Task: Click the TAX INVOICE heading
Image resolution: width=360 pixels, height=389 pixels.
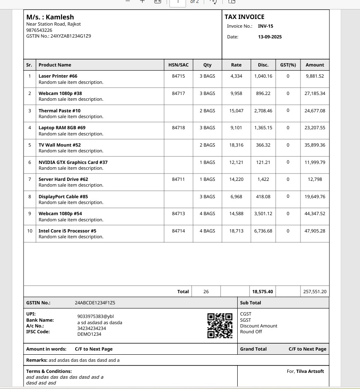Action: tap(244, 17)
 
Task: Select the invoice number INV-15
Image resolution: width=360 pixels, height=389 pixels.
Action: tap(265, 26)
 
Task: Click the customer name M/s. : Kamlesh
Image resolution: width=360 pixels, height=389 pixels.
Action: tap(50, 17)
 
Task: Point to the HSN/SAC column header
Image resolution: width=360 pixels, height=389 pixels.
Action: tap(178, 65)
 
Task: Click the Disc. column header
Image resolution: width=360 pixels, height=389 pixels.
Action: tap(263, 65)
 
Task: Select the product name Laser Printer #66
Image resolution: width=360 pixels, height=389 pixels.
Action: tap(58, 76)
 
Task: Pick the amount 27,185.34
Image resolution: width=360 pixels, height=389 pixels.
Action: tap(315, 93)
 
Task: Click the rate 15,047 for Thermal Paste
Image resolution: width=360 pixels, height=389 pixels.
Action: tap(236, 111)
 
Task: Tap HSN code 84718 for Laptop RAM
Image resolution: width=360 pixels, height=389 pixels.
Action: tap(178, 128)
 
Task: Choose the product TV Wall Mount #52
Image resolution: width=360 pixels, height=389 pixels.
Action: tap(60, 145)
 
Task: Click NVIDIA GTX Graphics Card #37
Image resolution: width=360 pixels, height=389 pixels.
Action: tap(73, 162)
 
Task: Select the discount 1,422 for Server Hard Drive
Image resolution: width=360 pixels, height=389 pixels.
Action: tap(263, 179)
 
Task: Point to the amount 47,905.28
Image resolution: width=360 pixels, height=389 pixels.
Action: tap(315, 231)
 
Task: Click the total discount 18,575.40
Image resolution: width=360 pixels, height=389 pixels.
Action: tap(262, 292)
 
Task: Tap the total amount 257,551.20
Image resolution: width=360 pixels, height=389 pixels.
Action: tap(315, 292)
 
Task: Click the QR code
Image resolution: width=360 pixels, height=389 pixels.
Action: tap(219, 326)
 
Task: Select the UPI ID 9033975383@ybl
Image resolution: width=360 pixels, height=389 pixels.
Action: tap(95, 316)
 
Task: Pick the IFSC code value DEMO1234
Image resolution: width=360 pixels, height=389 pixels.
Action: tap(89, 334)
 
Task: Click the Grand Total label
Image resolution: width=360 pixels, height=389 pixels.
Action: tap(253, 349)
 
